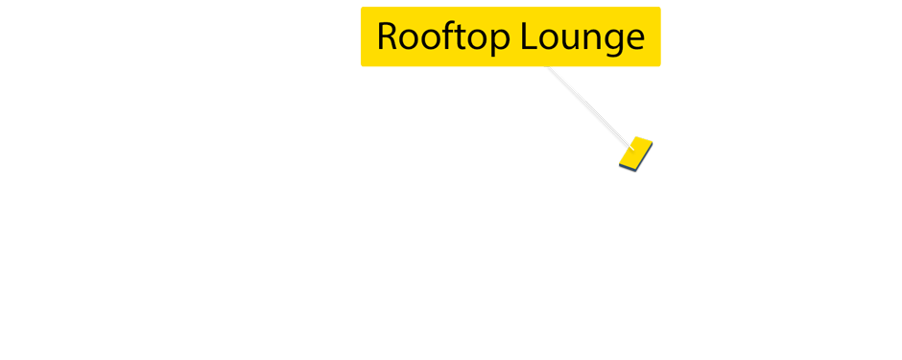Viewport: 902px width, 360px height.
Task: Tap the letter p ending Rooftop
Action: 504,40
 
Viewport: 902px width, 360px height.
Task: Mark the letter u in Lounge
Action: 572,38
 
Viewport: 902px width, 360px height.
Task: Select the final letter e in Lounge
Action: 632,38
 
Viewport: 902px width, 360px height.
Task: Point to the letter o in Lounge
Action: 552,38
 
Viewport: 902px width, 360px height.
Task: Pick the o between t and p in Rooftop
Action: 482,38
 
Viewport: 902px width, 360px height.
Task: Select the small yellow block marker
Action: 635,154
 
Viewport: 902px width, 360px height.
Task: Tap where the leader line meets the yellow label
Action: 549,67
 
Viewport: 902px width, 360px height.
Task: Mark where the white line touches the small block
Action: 627,142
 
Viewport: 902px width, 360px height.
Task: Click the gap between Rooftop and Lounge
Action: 519,36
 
